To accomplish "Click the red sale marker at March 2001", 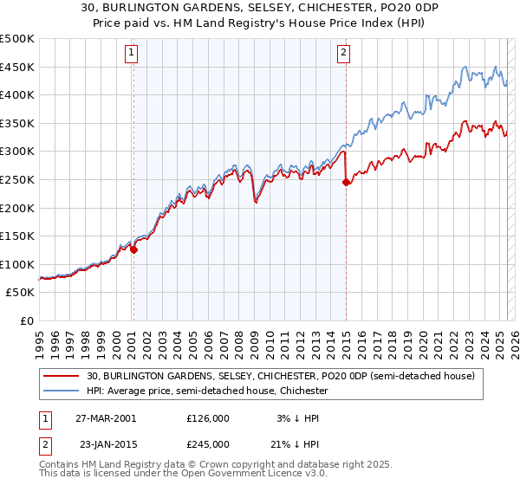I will (133, 249).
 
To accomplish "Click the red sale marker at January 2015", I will (346, 182).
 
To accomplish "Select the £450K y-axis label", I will (17, 67).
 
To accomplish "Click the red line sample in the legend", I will (62, 376).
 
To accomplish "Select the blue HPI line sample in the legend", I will (62, 391).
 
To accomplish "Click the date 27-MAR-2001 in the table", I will (107, 417).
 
